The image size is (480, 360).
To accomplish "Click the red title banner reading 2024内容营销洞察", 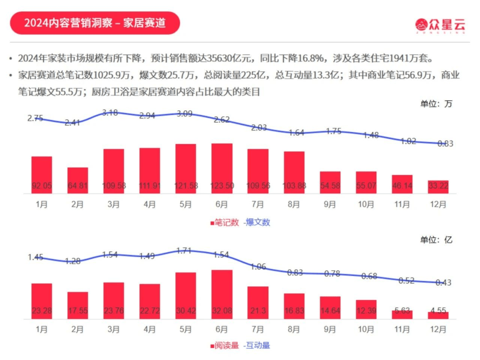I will tap(95, 23).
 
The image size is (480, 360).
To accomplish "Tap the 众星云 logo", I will tap(440, 24).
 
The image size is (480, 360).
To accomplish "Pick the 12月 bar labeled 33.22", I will tap(438, 187).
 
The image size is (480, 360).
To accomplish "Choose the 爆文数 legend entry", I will tap(257, 222).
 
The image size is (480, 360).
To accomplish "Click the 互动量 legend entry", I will tap(257, 345).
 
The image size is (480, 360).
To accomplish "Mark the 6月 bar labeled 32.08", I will tap(222, 294).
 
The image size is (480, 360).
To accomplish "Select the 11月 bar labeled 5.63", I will tap(402, 314).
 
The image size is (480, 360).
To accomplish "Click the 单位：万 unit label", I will tap(436, 104).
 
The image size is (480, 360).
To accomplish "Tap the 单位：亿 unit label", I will tap(436, 240).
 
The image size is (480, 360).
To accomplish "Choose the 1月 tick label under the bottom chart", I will tap(41, 330).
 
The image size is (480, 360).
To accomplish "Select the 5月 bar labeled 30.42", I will tap(186, 296).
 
